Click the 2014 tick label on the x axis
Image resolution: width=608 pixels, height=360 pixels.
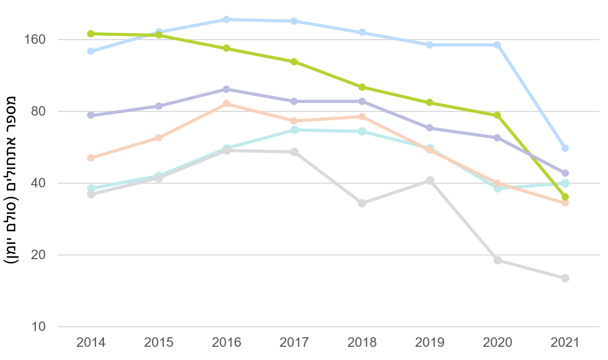click(x=91, y=343)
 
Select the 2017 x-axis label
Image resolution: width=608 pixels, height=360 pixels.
click(x=294, y=343)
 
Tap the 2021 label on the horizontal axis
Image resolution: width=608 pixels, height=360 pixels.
click(x=565, y=343)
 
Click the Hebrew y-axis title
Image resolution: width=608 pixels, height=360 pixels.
click(x=12, y=179)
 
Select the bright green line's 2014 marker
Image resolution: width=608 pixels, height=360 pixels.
click(x=91, y=34)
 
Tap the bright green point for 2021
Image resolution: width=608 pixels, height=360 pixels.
click(x=565, y=197)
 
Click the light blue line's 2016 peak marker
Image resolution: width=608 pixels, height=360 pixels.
click(x=226, y=20)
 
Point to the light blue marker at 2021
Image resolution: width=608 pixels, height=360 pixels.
click(x=565, y=148)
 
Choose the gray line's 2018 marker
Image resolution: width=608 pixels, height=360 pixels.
click(x=362, y=203)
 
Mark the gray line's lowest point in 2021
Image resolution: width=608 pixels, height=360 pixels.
click(x=565, y=278)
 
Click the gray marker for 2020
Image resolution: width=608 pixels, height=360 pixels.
click(x=497, y=260)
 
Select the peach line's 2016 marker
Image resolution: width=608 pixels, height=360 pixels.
click(x=226, y=103)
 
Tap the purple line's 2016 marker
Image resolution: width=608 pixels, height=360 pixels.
click(x=226, y=89)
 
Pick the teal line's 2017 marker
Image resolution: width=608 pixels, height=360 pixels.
click(x=294, y=130)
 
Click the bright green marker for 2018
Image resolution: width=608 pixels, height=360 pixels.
click(x=362, y=87)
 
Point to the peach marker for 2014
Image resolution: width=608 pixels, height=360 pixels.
click(x=91, y=158)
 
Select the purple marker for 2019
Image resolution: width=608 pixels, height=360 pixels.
click(x=430, y=128)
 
